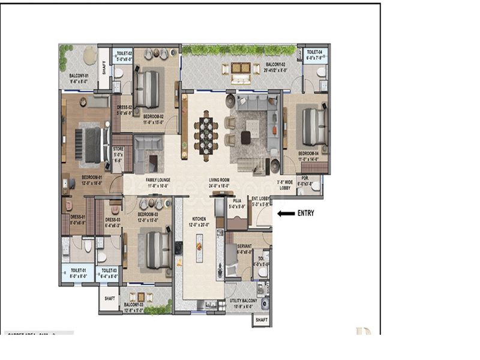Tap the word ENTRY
point(305,213)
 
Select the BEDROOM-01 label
point(92,177)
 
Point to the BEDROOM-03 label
point(148,214)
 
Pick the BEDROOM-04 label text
point(310,154)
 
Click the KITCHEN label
point(199,219)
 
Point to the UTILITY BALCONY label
point(244,301)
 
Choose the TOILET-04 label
point(316,52)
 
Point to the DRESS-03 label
point(113,219)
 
